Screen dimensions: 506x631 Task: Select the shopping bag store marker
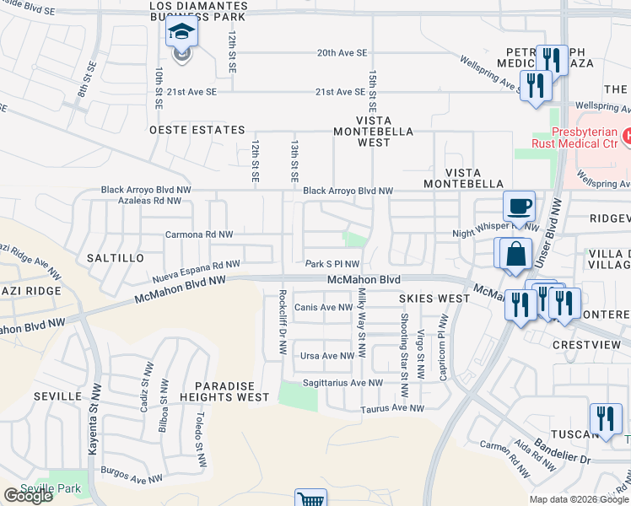click(514, 254)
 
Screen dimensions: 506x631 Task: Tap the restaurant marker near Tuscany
click(605, 419)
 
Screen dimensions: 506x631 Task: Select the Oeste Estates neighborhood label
click(197, 131)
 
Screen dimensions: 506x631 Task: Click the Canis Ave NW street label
click(323, 308)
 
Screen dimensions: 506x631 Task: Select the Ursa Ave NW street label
click(327, 356)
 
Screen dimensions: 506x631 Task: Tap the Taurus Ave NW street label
click(392, 408)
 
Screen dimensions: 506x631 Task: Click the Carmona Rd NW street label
click(199, 234)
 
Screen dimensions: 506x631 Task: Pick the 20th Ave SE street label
click(342, 52)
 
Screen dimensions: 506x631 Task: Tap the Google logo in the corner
click(28, 496)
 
